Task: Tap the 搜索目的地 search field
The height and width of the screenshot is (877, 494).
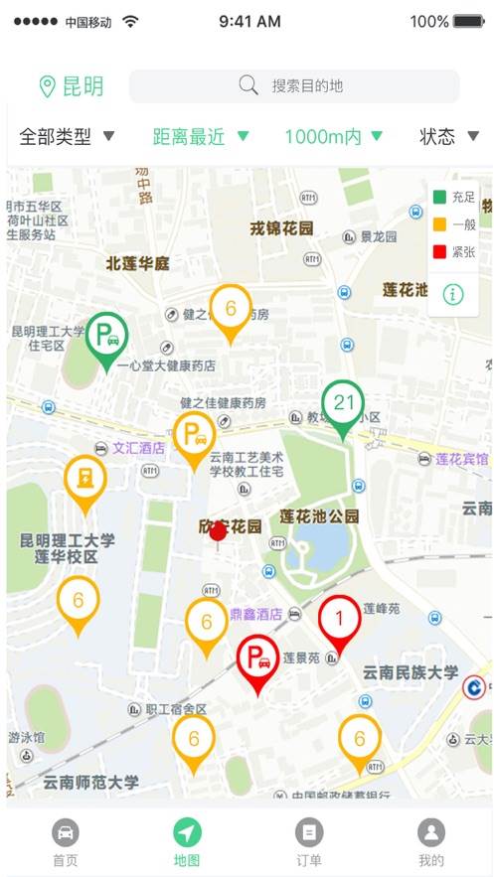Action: tap(294, 86)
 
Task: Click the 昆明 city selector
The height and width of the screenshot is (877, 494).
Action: tap(72, 86)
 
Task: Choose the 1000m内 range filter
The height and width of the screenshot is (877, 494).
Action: tap(334, 137)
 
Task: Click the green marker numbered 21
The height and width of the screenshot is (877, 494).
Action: tap(344, 404)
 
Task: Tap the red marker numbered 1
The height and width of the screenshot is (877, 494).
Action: tap(339, 620)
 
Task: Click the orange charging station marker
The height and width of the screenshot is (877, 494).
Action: tap(86, 479)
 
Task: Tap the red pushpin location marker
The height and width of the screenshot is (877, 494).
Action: tap(218, 532)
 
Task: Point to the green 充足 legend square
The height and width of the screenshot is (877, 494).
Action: tap(439, 197)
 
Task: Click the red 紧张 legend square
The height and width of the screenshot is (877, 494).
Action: tap(439, 252)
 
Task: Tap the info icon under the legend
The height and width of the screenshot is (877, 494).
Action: tap(453, 293)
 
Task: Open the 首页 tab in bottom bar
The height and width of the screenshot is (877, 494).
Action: tap(66, 842)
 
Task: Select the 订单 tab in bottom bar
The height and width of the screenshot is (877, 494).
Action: tap(309, 842)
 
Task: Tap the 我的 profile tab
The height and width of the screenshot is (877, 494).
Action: tap(430, 842)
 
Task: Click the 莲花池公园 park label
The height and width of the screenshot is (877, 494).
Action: tap(319, 516)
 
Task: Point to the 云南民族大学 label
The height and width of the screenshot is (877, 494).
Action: tap(411, 672)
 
